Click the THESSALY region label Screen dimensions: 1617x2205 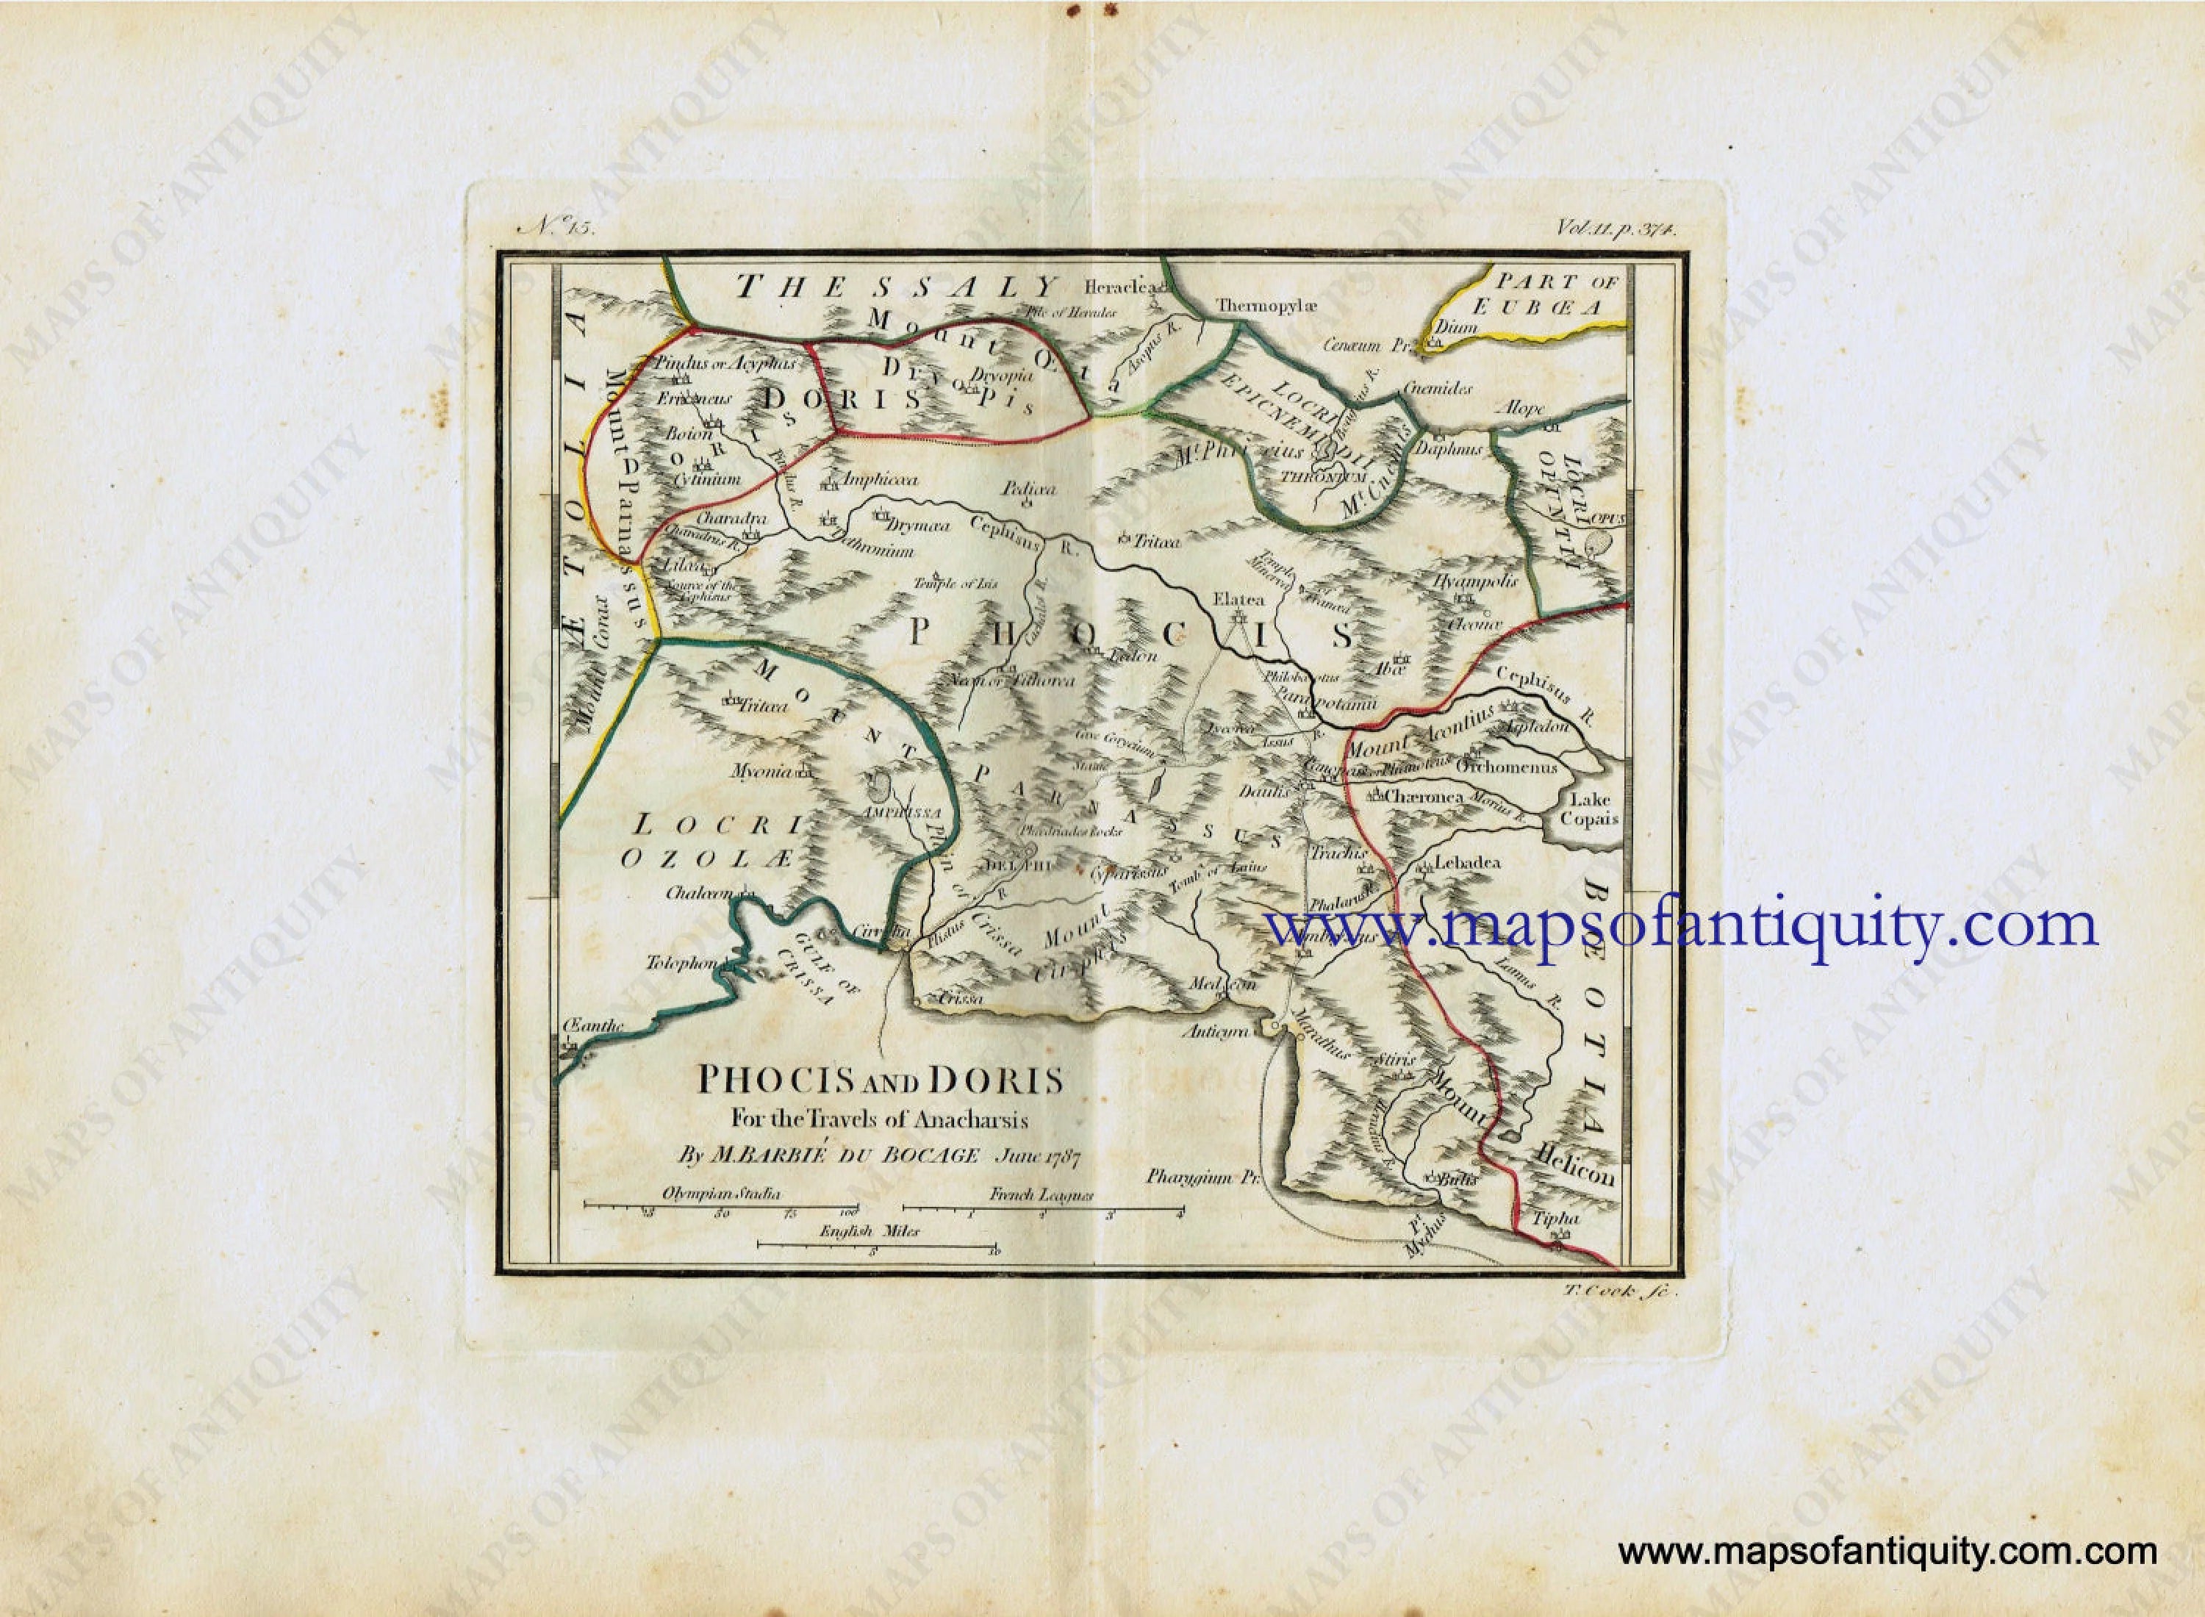click(897, 287)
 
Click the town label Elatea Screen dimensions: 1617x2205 click(1239, 599)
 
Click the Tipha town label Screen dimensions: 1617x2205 click(1555, 1219)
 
